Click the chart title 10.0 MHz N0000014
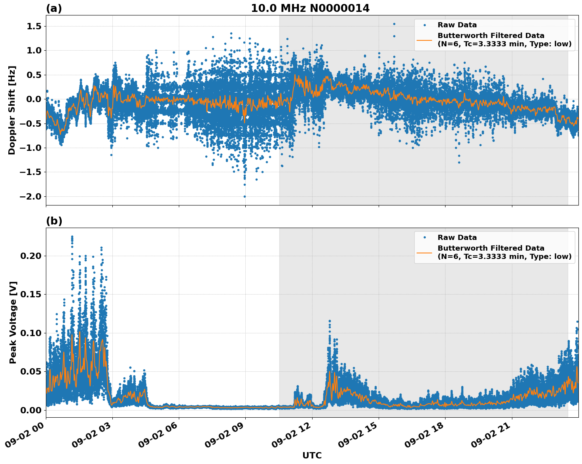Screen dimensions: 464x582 coord(310,8)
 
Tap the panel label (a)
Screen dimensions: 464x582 coord(54,8)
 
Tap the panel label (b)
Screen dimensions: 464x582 coord(54,221)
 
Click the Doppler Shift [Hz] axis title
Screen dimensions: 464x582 coord(12,110)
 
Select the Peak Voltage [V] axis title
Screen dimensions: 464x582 coord(13,322)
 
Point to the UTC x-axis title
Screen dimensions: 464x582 coord(312,455)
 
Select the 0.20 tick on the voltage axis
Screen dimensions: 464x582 coord(30,256)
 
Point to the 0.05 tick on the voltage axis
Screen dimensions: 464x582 coord(30,371)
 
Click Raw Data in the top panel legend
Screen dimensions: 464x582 coord(457,25)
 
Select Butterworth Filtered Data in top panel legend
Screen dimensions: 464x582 coord(491,36)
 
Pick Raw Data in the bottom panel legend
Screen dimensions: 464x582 coord(457,238)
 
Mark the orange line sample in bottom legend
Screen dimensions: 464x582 coord(424,252)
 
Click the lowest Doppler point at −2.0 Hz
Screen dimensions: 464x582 coord(245,196)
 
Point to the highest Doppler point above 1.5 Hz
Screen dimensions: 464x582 coord(394,24)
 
